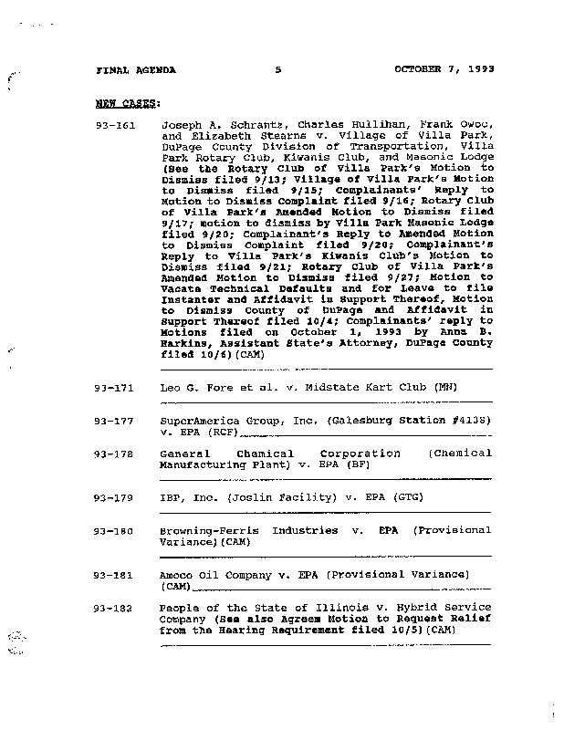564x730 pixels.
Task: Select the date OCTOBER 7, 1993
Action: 444,69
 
